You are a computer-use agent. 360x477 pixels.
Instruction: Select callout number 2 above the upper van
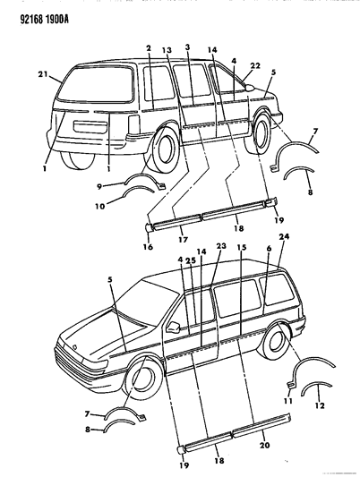tap(149, 47)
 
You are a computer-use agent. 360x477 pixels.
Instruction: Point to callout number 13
tap(167, 50)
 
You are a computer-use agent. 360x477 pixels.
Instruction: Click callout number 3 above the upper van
tap(186, 47)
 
